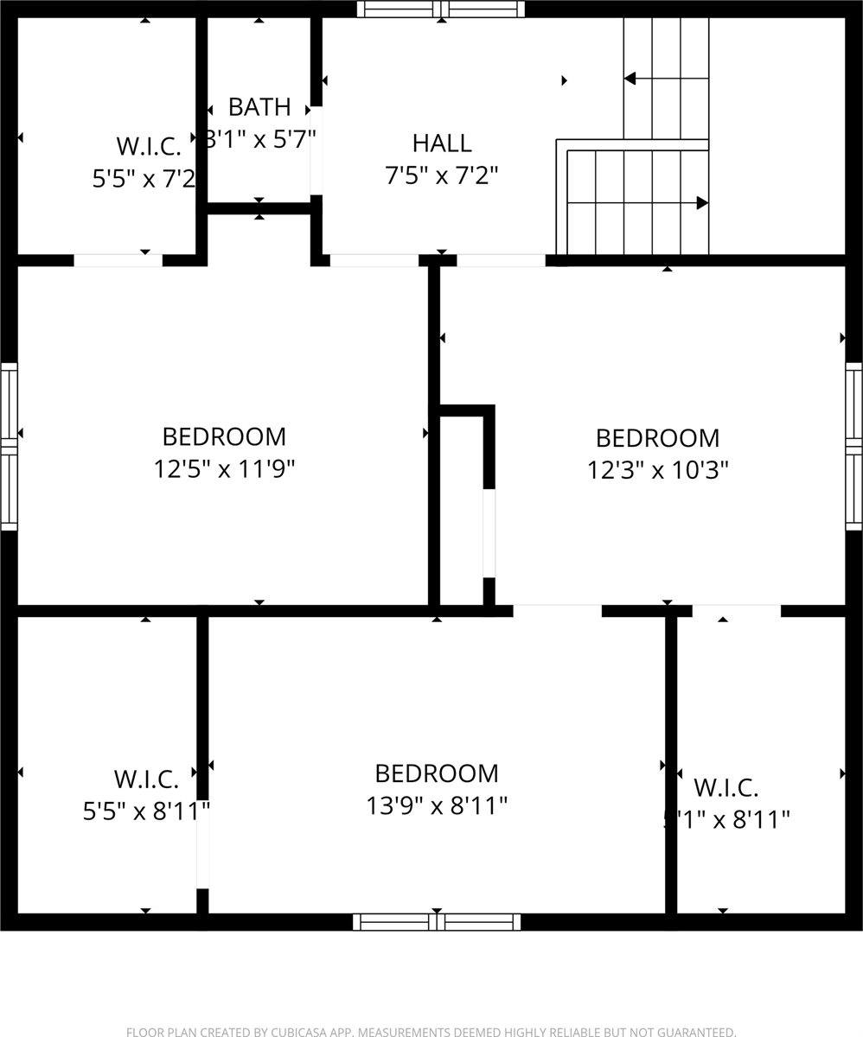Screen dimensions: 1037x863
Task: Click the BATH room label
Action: coord(259,107)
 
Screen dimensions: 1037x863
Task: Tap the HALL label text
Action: coord(442,143)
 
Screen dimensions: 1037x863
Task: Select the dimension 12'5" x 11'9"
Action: coord(225,469)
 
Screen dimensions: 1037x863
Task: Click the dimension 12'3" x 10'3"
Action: coord(658,470)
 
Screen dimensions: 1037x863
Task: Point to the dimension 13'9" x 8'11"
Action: coord(437,805)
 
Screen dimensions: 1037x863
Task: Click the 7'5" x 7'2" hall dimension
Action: coord(442,175)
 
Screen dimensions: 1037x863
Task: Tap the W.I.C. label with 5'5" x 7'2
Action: coord(148,145)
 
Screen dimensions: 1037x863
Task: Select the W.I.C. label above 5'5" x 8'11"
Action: coord(146,779)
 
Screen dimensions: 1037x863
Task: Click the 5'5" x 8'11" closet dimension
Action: coord(146,811)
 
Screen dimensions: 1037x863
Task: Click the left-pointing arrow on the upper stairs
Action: coord(630,79)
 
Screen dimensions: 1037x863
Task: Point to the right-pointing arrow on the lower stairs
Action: coord(702,203)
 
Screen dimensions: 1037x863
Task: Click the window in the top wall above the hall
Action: coord(442,10)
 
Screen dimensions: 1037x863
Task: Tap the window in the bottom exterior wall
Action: coord(437,922)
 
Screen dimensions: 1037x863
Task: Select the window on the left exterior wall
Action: coord(9,446)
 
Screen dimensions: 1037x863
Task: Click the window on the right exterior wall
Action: coord(853,446)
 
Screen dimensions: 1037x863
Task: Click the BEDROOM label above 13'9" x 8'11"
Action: coord(437,773)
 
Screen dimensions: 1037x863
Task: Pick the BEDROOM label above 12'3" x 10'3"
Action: coord(658,437)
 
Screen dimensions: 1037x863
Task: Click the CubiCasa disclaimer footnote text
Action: coord(431,1031)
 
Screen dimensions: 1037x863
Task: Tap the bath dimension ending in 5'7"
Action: coord(260,138)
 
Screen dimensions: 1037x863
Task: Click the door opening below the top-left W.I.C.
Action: coord(118,260)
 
